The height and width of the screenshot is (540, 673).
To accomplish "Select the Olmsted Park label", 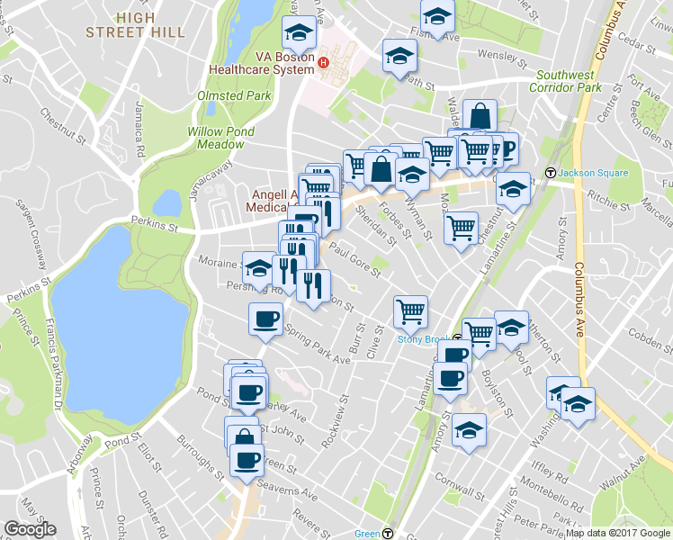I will [x=233, y=94].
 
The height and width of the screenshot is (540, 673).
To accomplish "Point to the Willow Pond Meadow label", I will [x=220, y=138].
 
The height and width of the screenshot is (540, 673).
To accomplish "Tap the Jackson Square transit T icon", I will [x=550, y=172].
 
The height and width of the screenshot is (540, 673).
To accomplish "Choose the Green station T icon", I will [x=387, y=532].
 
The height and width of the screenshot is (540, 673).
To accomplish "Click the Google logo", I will [x=29, y=529].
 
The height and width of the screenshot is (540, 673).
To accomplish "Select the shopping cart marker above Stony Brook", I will [x=410, y=312].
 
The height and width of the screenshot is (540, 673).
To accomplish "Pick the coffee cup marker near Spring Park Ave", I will [x=265, y=319].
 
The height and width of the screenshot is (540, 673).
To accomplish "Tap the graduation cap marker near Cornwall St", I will [x=469, y=430].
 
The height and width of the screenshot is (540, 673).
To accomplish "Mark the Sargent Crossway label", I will [x=31, y=235].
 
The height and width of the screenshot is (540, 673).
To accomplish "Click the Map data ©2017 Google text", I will [x=617, y=532].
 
